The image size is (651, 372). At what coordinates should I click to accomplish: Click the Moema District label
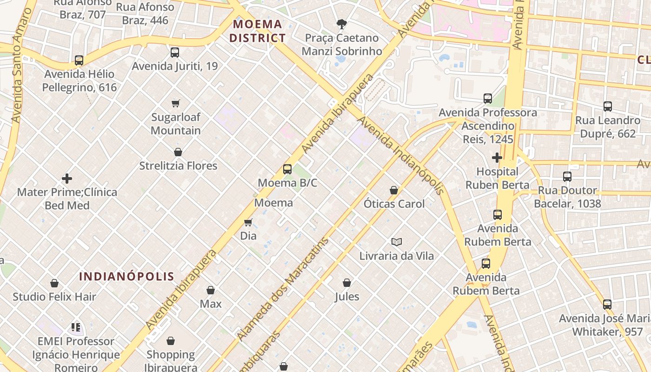[258, 31]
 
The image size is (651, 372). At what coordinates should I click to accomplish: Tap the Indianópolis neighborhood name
[126, 277]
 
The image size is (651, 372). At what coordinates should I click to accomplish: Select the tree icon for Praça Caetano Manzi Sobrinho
[342, 24]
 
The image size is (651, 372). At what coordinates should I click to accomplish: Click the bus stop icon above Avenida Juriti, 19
[175, 53]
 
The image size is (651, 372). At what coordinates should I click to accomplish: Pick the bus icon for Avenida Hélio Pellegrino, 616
[79, 60]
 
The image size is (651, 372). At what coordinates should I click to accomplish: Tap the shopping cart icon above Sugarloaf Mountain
[175, 103]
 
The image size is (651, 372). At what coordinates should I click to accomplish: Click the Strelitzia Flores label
[178, 166]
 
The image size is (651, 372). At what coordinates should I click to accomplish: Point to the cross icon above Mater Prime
[67, 179]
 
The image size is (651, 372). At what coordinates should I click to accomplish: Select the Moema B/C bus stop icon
[287, 169]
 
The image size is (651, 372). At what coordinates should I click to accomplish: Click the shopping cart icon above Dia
[248, 223]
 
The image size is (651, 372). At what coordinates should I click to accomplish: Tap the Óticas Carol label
[394, 204]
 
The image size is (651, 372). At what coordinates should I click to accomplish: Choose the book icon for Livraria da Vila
[396, 242]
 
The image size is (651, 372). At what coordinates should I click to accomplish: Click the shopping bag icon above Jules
[347, 283]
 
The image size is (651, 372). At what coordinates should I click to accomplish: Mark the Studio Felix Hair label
[54, 297]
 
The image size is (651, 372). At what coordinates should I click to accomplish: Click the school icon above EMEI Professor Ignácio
[76, 327]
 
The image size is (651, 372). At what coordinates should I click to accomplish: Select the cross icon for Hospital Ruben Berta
[497, 158]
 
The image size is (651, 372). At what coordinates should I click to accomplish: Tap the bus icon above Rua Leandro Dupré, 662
[608, 106]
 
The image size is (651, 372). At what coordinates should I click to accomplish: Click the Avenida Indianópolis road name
[400, 155]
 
